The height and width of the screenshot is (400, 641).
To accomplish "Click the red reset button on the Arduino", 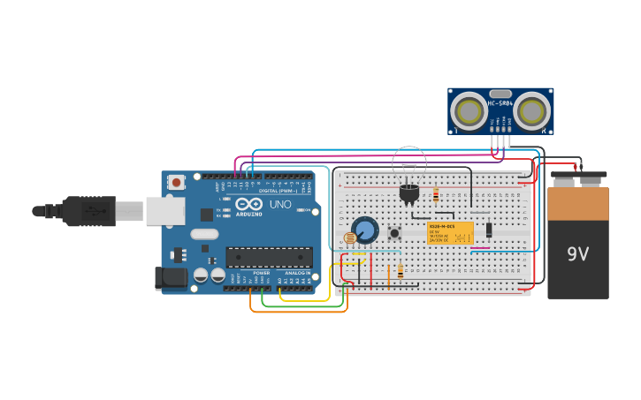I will coord(177,183).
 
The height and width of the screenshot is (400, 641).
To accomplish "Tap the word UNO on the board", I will coord(279,205).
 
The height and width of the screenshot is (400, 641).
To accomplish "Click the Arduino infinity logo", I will coord(248,205).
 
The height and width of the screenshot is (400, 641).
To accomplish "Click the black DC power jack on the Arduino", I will coord(172,278).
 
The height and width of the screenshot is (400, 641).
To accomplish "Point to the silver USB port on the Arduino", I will coord(165,211).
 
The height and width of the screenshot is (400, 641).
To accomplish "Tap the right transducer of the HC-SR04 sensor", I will coord(533,111).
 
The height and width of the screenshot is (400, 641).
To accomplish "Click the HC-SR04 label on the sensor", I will coord(500,103).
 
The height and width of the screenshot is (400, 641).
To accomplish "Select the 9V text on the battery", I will coord(577,254).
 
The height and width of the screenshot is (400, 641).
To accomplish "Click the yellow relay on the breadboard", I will coord(451,233).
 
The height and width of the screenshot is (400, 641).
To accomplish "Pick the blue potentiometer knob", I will coord(365,230).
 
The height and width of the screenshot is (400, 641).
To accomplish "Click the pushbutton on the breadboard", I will coord(394,233).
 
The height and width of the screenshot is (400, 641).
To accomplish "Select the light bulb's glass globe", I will coord(409,162).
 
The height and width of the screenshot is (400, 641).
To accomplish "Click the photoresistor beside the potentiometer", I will coord(349,238).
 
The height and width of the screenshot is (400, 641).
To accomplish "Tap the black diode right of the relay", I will coord(489,230).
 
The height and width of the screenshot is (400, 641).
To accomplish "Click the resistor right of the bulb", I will coord(436,195).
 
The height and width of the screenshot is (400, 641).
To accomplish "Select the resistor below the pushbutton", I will coord(401,271).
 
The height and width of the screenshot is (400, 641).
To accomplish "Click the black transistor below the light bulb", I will coord(408,193).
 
